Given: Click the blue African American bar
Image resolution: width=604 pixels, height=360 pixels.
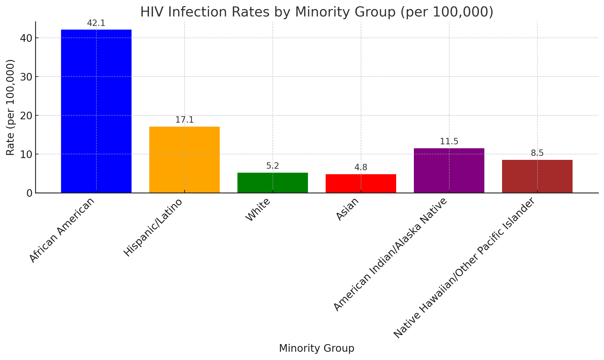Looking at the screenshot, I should (x=96, y=111).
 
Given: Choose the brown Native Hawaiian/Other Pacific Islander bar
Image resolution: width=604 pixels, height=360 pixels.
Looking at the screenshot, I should (x=537, y=176).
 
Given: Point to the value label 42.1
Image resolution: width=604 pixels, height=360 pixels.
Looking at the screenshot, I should (x=96, y=23).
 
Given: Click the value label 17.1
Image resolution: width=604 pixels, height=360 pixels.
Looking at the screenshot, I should (x=184, y=120).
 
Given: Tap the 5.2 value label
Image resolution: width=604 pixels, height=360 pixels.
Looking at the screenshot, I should (x=273, y=166).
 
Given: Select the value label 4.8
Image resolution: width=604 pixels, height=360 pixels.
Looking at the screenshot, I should (x=361, y=167).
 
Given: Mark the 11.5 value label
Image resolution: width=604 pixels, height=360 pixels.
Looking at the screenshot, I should (x=449, y=142).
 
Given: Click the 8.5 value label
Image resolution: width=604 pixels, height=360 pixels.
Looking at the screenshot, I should (x=537, y=153).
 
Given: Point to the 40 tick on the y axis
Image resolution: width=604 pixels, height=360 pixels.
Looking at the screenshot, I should (x=26, y=38).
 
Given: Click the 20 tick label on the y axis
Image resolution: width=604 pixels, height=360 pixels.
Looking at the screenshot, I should (x=26, y=116).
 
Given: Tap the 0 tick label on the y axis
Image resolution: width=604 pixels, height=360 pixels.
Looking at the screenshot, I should (x=29, y=193).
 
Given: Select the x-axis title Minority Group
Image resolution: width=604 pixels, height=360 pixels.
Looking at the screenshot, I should (x=316, y=348).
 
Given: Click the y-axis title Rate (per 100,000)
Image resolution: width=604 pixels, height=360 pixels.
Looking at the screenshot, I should (x=10, y=107).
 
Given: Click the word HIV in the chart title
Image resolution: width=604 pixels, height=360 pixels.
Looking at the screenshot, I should (x=151, y=12).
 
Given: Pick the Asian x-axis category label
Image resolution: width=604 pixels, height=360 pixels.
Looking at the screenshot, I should (x=347, y=210).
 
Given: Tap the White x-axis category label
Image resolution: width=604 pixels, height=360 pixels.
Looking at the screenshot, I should (x=258, y=210).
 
